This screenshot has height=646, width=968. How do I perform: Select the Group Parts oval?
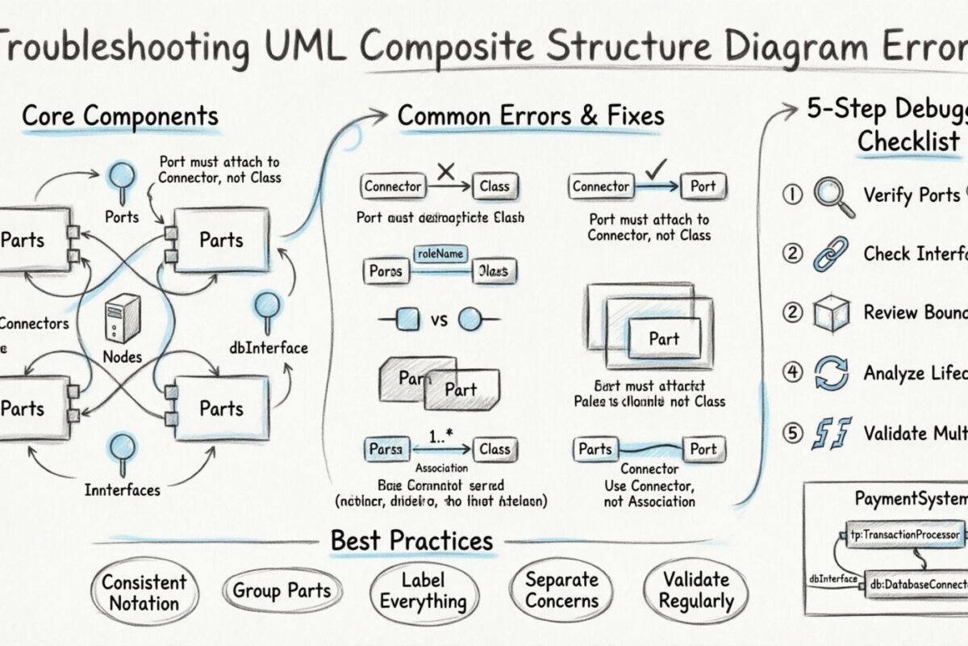click(x=282, y=591)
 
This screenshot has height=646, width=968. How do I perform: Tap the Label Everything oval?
click(x=423, y=591)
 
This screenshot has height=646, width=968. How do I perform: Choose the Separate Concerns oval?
click(x=562, y=591)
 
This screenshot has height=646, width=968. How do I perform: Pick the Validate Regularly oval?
click(x=696, y=591)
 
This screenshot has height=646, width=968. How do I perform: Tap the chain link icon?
click(x=832, y=254)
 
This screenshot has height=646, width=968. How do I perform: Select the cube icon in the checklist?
click(x=832, y=313)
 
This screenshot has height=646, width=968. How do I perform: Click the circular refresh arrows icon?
click(x=832, y=374)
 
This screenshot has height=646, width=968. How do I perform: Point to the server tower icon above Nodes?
click(x=123, y=318)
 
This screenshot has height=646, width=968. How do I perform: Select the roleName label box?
click(x=440, y=254)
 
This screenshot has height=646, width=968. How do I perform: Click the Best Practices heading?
click(x=411, y=540)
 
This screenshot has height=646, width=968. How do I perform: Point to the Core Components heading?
click(x=119, y=116)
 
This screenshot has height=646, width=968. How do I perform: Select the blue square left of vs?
click(x=408, y=321)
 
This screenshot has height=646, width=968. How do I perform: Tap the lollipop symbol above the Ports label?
click(x=122, y=178)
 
